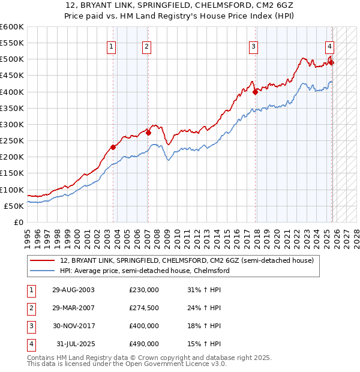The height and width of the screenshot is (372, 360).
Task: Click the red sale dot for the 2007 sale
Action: tap(148, 133)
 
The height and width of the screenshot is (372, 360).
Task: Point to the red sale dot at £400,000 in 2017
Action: tap(256, 92)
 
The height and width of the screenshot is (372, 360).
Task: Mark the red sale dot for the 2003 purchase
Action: tap(113, 147)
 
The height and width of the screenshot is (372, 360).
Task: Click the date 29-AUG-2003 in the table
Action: tap(73, 290)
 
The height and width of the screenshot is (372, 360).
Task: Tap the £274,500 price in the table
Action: tap(144, 308)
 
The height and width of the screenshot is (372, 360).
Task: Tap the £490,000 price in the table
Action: tap(144, 344)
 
